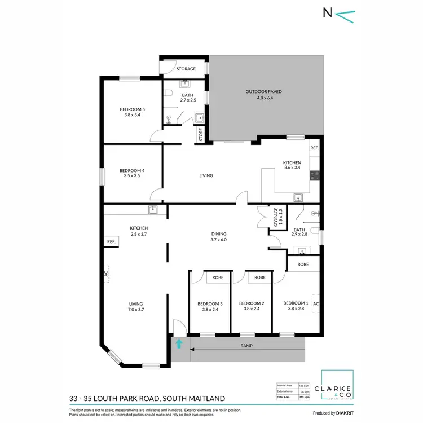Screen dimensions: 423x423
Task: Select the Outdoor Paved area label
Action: click(x=263, y=94)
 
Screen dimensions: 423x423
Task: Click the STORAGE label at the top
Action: click(x=186, y=69)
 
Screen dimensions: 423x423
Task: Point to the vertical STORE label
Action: click(x=200, y=135)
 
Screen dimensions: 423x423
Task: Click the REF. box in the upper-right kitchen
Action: click(x=314, y=148)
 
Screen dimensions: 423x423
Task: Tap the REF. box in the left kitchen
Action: click(x=111, y=241)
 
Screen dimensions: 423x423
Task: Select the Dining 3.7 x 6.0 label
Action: click(x=218, y=237)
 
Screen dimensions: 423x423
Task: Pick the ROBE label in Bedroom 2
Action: click(x=259, y=277)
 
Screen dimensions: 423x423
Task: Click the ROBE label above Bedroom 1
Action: click(x=303, y=263)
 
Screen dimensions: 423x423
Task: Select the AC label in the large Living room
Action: click(x=105, y=275)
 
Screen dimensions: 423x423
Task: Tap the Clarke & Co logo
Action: click(x=337, y=386)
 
